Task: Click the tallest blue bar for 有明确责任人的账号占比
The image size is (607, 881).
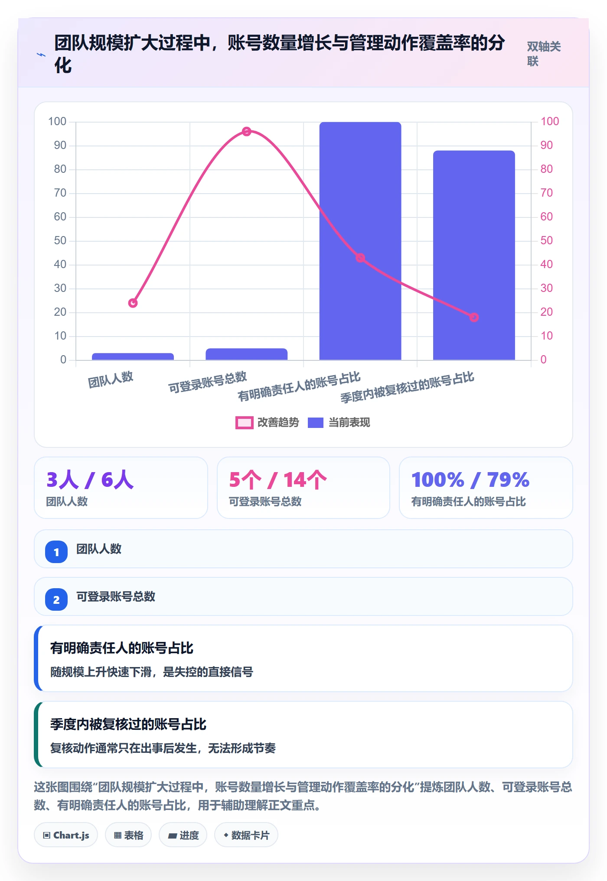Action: coord(360,241)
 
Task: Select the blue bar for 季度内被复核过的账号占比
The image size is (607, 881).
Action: coord(474,255)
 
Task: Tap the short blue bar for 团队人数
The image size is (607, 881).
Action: coord(133,356)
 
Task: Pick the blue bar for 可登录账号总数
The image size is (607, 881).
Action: coord(246,354)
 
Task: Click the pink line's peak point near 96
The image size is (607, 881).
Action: coord(247,131)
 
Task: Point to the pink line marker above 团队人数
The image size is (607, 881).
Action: coord(133,303)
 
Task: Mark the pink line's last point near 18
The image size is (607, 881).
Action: coord(474,317)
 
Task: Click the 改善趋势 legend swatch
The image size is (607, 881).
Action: coord(245,422)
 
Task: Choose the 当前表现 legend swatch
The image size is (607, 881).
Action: coord(316,422)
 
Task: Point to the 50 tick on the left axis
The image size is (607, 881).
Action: coord(60,240)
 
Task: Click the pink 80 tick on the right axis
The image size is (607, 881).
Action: coord(547,169)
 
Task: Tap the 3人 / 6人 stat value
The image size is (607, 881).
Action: coord(90,480)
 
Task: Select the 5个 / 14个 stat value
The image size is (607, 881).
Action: coord(278,480)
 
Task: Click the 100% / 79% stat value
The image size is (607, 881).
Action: coord(470,480)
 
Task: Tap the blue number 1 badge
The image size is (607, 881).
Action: coord(56,552)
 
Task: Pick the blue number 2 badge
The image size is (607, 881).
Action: coord(56,599)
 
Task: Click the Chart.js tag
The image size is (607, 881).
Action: coord(66,835)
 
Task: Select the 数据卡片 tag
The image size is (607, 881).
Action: coord(246,835)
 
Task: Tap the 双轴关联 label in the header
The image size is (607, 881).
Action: coord(544,54)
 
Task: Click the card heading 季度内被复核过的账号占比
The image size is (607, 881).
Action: coord(128,724)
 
